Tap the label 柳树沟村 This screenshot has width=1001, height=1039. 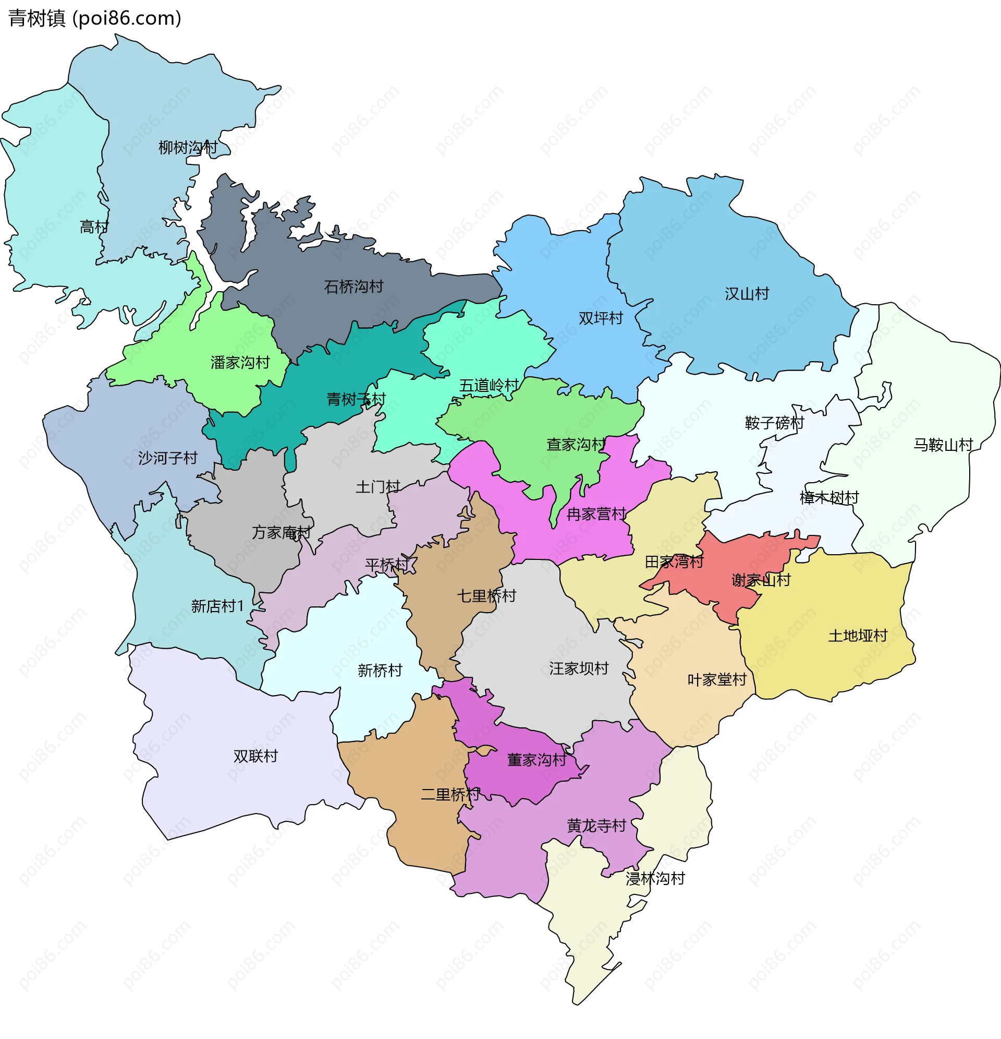(x=188, y=148)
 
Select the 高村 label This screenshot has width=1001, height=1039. (x=94, y=228)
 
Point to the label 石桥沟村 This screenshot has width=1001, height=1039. (x=353, y=288)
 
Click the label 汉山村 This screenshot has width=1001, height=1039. (x=746, y=294)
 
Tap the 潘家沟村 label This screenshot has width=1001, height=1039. (x=240, y=363)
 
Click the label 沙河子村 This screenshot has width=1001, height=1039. (x=167, y=459)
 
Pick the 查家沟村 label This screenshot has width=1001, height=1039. (x=576, y=445)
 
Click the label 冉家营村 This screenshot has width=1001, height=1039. (x=596, y=515)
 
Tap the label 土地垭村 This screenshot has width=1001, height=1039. (x=858, y=636)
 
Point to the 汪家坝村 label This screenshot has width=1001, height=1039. (x=578, y=669)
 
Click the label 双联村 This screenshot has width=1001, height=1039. (x=255, y=757)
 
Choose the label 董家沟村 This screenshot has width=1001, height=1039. (x=536, y=761)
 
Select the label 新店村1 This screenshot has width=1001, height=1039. (x=217, y=606)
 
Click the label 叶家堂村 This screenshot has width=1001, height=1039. (x=716, y=680)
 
